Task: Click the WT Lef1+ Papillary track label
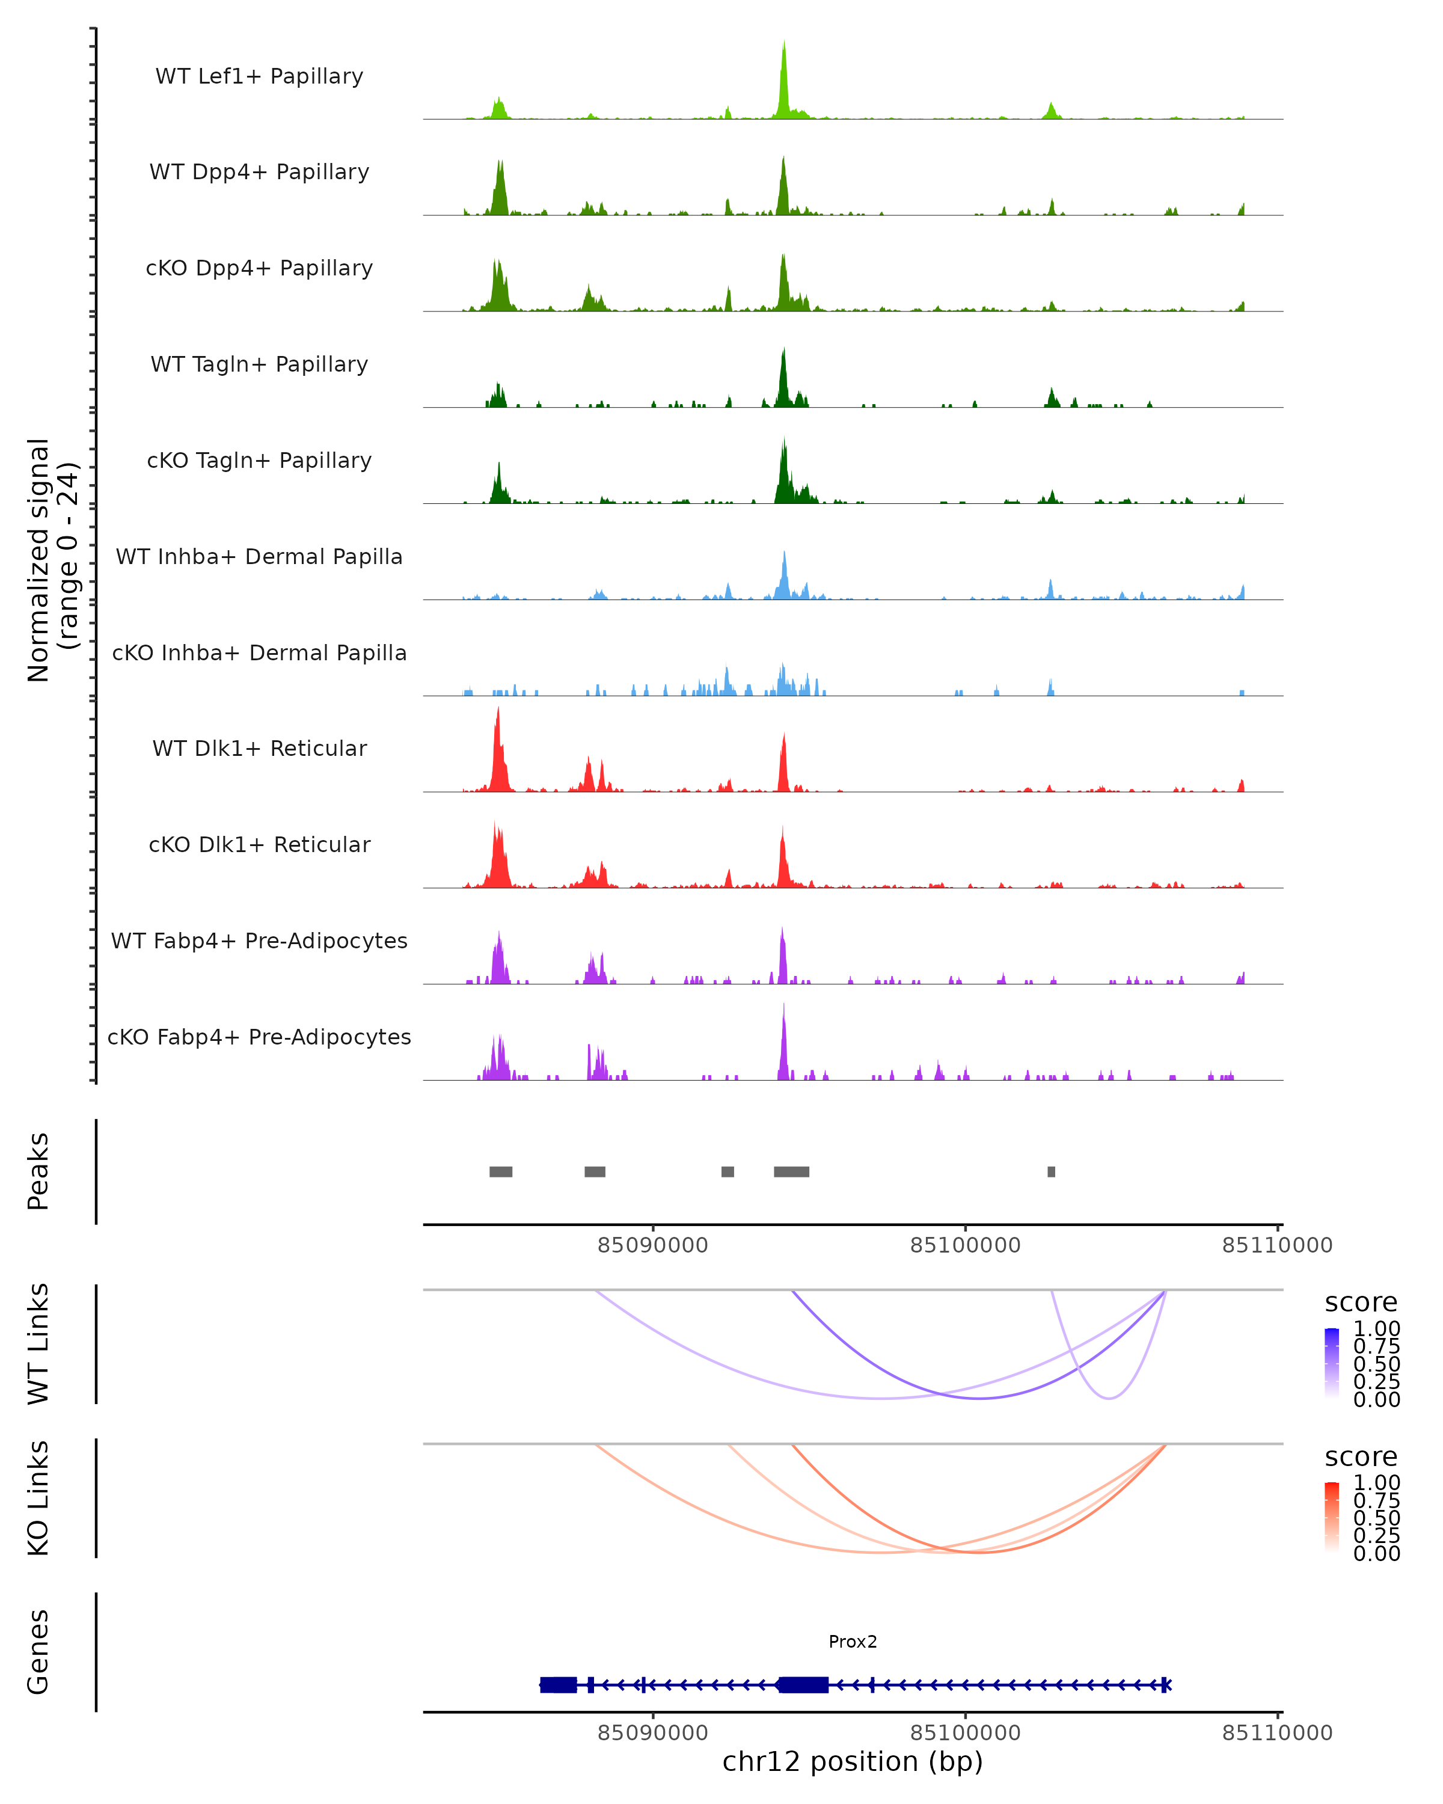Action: point(259,76)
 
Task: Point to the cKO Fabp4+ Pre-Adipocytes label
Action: point(259,1037)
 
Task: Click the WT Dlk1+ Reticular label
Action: point(259,748)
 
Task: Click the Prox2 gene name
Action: point(853,1642)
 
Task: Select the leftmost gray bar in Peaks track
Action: point(501,1171)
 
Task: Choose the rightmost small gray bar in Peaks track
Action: point(1052,1171)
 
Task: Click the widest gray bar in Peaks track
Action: point(791,1171)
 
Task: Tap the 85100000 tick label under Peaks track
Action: point(966,1246)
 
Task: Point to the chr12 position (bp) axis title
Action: point(853,1762)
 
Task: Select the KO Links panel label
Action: point(38,1498)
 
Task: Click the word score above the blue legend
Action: point(1361,1303)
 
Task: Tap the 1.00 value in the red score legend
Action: point(1376,1483)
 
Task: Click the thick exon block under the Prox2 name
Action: point(803,1685)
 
